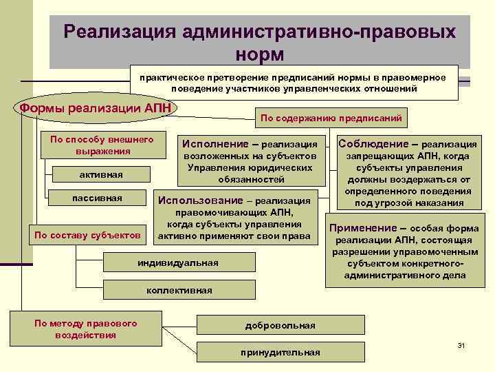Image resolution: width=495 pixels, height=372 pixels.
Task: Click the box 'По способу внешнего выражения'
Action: click(x=102, y=145)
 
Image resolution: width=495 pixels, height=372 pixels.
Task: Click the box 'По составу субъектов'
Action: click(x=88, y=236)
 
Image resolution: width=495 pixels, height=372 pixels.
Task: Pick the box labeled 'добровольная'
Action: click(x=280, y=325)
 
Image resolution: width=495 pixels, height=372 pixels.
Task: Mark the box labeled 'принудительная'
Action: click(x=280, y=352)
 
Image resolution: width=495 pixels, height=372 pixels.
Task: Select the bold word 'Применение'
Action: click(x=362, y=228)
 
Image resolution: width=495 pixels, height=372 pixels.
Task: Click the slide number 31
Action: click(x=461, y=344)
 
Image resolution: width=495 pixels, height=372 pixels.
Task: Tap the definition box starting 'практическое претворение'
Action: click(x=293, y=83)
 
